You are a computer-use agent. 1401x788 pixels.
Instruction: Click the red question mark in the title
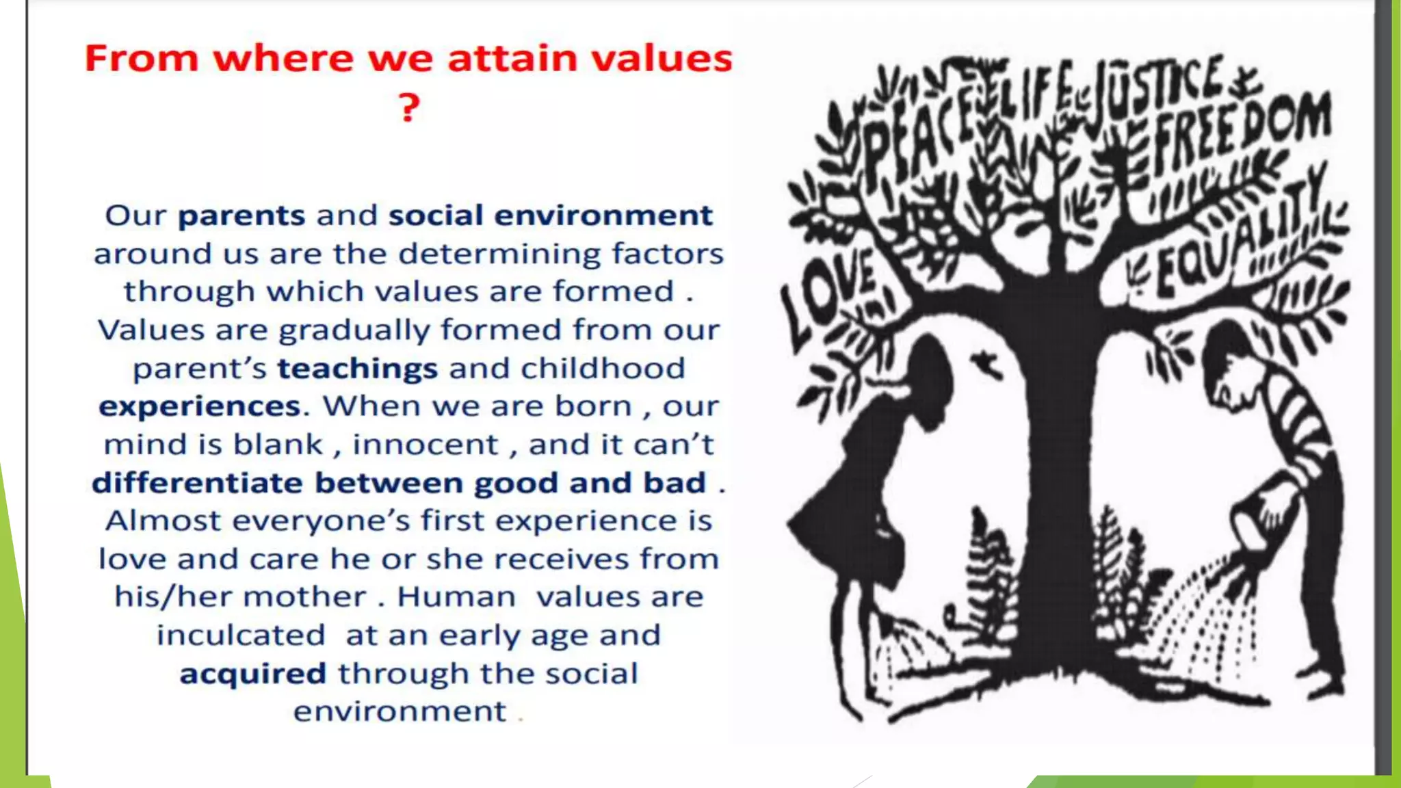point(408,108)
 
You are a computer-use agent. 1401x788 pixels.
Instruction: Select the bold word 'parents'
point(241,216)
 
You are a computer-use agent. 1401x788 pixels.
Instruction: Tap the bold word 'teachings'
point(357,369)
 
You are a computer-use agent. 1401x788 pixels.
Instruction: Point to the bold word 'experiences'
point(200,407)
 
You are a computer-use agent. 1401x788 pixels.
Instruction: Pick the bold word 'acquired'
point(252,674)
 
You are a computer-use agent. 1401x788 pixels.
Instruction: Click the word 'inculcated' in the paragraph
point(241,635)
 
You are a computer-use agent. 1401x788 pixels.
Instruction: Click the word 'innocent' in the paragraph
point(425,445)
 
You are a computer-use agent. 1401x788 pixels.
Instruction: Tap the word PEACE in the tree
point(917,133)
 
